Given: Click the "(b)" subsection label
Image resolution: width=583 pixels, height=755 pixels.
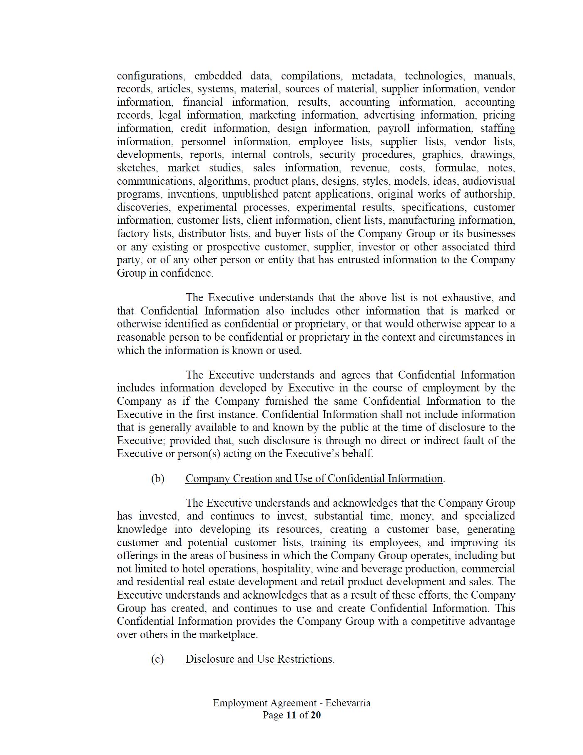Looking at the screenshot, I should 157,478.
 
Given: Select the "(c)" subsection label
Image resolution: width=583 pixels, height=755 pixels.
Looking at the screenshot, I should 157,659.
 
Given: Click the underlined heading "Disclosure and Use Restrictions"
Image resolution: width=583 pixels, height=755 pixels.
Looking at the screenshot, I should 259,659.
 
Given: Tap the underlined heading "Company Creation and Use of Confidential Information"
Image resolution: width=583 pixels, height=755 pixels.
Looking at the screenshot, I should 314,478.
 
